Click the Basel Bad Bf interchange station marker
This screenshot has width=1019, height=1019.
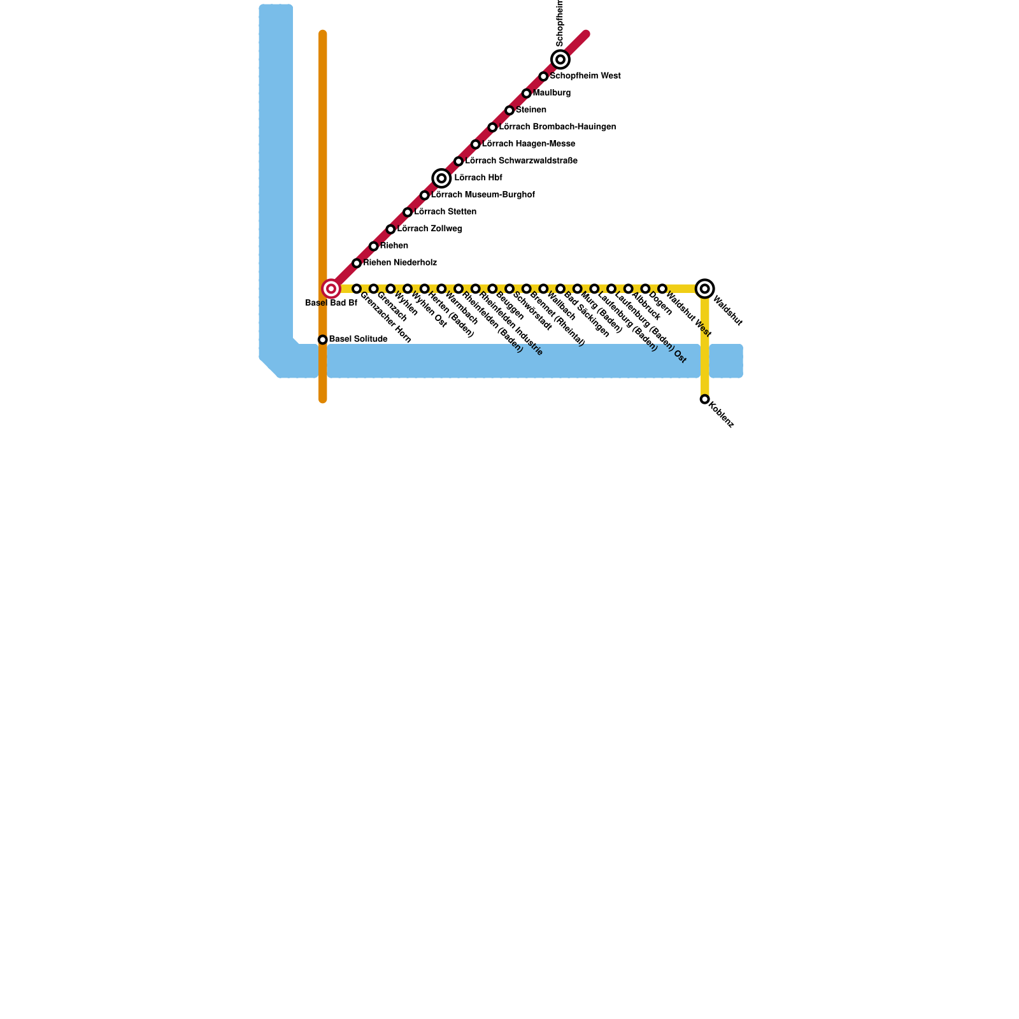tap(331, 289)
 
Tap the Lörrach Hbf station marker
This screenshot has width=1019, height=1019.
tap(441, 178)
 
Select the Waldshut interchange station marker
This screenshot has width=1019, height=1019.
tap(704, 289)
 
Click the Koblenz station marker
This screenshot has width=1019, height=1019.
tap(704, 399)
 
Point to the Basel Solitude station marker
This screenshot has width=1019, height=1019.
tap(323, 340)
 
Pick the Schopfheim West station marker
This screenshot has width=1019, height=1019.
tap(543, 77)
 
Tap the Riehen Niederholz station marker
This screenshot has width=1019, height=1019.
tap(357, 263)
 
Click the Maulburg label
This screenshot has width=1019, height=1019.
tap(552, 93)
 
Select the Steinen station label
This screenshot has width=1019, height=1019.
tap(531, 110)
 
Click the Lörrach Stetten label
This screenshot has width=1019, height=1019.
tap(445, 212)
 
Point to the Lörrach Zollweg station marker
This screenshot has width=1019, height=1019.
tap(390, 229)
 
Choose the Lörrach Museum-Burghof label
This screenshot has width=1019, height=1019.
tap(483, 195)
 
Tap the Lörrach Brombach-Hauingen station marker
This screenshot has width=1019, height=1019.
tap(492, 128)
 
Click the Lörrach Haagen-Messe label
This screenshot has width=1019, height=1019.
tap(529, 144)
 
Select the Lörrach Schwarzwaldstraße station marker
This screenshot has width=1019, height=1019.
tap(459, 162)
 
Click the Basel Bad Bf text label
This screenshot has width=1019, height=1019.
tap(331, 303)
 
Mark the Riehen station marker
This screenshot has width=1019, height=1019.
tap(374, 246)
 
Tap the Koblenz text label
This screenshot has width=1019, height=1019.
tap(722, 414)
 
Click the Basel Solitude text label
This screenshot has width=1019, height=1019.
tap(358, 339)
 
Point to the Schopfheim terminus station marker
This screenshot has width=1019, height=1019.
tap(560, 60)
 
